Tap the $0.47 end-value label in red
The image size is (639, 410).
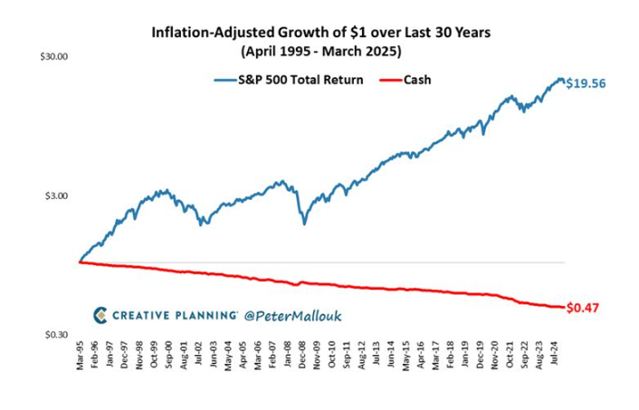click(585, 308)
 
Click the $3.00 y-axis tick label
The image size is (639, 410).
click(57, 195)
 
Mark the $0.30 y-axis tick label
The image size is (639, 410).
click(57, 335)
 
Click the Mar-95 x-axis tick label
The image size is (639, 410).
click(81, 359)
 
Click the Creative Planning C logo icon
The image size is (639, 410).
click(100, 315)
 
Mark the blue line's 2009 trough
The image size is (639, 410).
click(304, 223)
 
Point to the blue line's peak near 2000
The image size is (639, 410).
click(163, 190)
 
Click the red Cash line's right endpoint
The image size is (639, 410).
click(562, 307)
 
